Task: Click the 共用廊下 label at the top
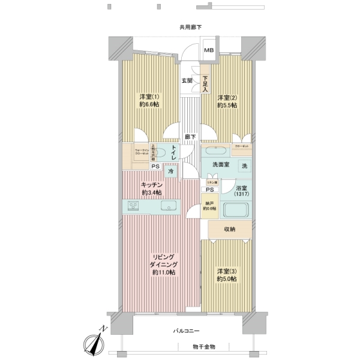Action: click(x=190, y=27)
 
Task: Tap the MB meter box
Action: click(x=209, y=50)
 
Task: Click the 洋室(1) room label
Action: click(x=149, y=97)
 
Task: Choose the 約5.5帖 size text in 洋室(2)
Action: click(x=227, y=105)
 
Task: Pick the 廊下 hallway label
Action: click(x=189, y=136)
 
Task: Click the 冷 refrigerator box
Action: click(x=170, y=172)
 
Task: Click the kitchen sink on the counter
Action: click(x=169, y=206)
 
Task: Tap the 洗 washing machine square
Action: click(x=244, y=166)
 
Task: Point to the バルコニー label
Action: click(x=185, y=331)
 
